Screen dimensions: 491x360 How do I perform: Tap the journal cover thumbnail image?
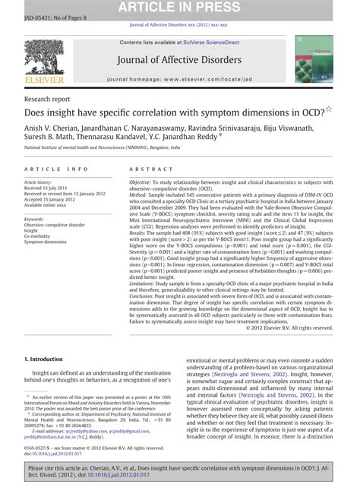pos(313,59)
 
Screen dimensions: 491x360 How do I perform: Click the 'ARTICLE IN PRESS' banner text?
pos(179,8)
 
